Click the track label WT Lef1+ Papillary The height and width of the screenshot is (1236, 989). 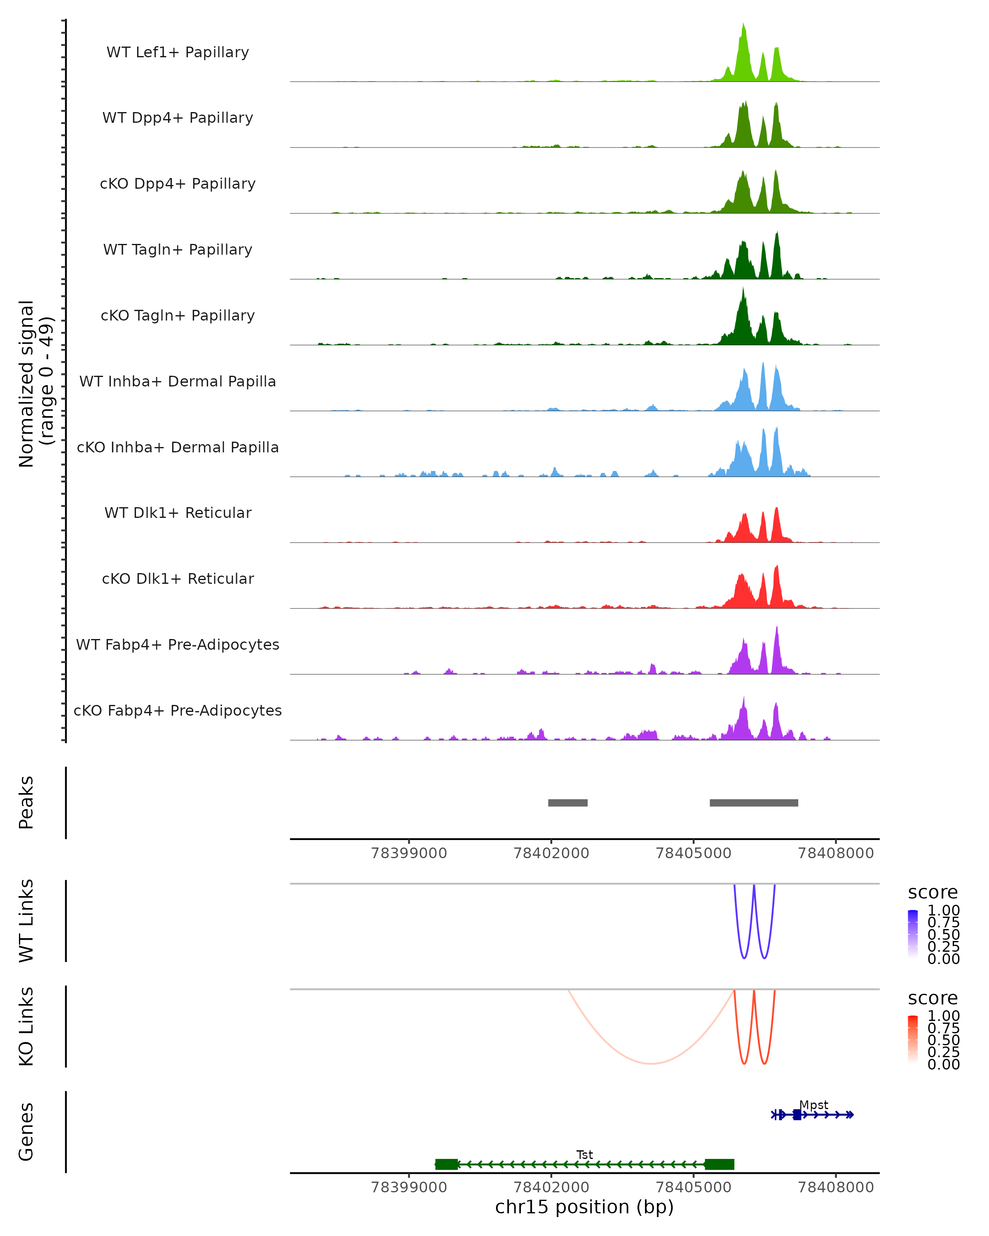click(178, 52)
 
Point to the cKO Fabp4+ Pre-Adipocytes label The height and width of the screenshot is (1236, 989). click(178, 710)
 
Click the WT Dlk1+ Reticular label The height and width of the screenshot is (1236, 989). click(178, 513)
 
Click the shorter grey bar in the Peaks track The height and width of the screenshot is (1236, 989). click(567, 803)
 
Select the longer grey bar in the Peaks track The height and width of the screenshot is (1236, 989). click(753, 803)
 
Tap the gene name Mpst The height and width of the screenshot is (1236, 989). click(813, 1105)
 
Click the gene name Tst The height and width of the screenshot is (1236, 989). click(584, 1154)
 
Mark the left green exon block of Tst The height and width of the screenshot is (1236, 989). click(447, 1164)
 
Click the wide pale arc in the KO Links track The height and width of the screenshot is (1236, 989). click(651, 1063)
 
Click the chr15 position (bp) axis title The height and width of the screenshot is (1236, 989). click(584, 1207)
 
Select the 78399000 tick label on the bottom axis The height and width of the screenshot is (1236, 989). click(409, 1187)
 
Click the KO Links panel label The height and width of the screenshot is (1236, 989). click(26, 1026)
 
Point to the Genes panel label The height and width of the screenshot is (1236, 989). click(26, 1132)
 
